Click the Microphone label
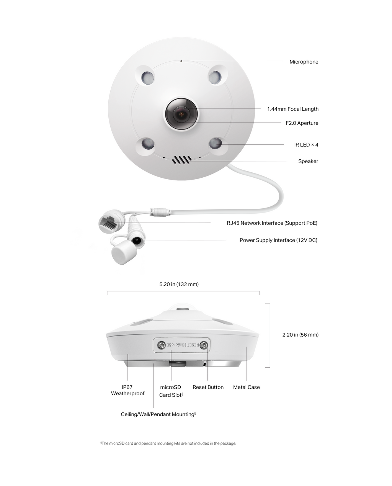click(304, 62)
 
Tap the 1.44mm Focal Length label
click(293, 109)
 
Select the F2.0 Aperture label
click(302, 123)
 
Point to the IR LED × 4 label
click(306, 144)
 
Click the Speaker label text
click(308, 161)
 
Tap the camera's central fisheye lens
click(181, 114)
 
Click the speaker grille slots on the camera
click(182, 160)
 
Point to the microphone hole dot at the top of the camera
click(181, 61)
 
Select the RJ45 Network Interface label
click(272, 223)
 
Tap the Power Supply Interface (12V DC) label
click(278, 240)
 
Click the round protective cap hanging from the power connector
click(124, 252)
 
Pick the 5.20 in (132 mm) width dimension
click(179, 284)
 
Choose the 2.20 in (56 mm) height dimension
click(301, 335)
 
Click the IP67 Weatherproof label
click(127, 390)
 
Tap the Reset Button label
click(208, 387)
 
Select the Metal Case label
click(247, 387)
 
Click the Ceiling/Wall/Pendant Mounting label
click(158, 414)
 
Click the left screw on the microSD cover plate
click(161, 345)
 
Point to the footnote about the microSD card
click(168, 443)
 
